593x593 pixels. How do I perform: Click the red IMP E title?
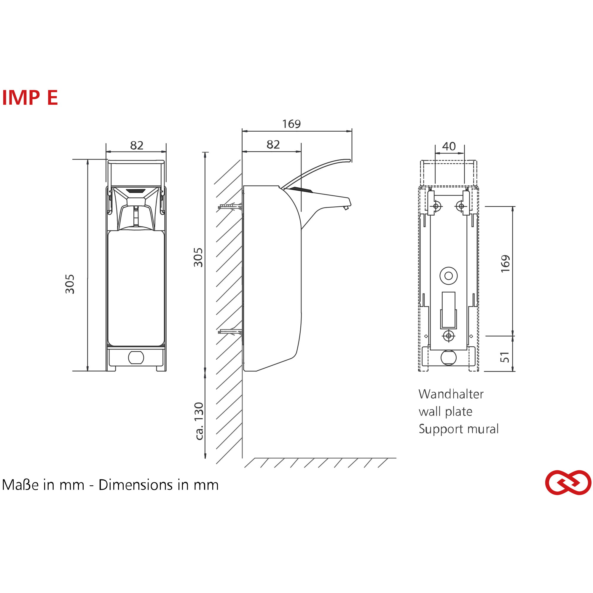click(x=30, y=98)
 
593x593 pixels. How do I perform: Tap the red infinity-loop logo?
click(x=568, y=482)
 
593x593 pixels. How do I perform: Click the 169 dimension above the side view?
click(x=291, y=124)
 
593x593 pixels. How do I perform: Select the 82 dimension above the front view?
click(x=137, y=146)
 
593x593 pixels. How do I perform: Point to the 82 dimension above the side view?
click(x=273, y=145)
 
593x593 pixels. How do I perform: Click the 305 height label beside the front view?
click(x=70, y=284)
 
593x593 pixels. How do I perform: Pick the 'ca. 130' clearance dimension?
click(x=199, y=421)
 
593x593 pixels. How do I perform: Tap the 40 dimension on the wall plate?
click(x=449, y=146)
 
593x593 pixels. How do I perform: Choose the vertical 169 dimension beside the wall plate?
click(x=505, y=263)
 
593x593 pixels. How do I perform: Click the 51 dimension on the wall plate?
click(x=505, y=357)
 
